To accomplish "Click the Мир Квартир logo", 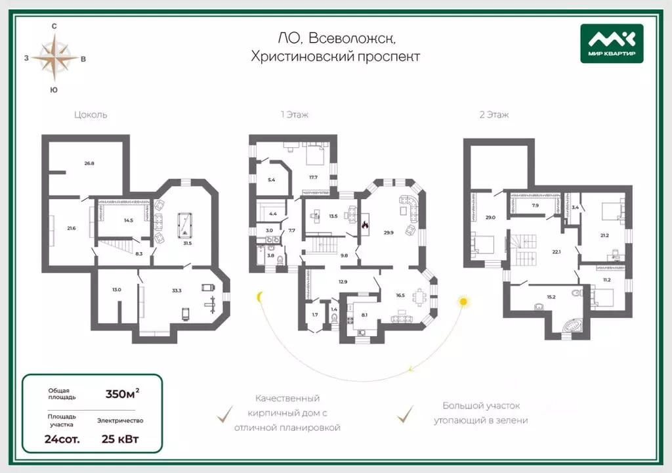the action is [x=612, y=43].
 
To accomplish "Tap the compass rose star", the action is [x=54, y=58].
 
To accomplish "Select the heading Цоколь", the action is [x=91, y=114].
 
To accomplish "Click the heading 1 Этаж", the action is [x=295, y=114].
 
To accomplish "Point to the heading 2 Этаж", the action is [x=494, y=114].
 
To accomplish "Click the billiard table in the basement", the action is [x=185, y=225].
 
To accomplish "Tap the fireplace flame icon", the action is [x=365, y=225].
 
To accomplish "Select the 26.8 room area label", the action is [x=89, y=164].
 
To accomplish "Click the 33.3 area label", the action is [x=177, y=290].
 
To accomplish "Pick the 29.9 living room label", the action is [x=388, y=233].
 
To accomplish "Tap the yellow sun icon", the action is [x=463, y=302].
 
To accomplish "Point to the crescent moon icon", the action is [x=259, y=296].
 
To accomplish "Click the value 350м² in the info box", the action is [x=122, y=393].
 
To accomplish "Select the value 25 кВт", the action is [x=120, y=439].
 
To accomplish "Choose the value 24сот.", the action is [x=62, y=439].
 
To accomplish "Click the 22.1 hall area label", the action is [x=556, y=252].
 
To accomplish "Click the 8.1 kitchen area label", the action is [x=364, y=315].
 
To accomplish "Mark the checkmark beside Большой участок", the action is [x=405, y=414].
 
